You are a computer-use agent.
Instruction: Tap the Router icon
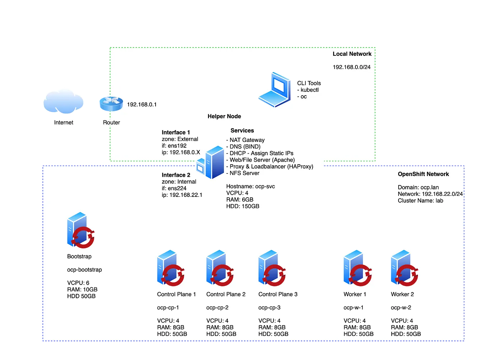[111, 103]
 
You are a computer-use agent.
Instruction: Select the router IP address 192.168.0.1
[142, 105]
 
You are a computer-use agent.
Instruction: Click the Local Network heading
[352, 54]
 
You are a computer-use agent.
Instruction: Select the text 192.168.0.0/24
[351, 67]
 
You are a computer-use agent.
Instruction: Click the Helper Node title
[224, 116]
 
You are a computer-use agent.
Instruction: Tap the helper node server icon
[211, 162]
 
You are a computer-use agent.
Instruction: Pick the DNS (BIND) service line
[243, 147]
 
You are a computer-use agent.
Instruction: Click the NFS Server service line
[243, 173]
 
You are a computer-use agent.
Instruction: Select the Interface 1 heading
[176, 133]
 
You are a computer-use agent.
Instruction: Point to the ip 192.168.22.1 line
[182, 195]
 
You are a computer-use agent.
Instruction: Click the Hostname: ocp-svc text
[250, 186]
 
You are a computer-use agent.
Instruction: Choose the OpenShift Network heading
[423, 174]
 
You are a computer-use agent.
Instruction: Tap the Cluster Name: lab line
[420, 200]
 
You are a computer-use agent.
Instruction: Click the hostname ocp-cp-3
[269, 308]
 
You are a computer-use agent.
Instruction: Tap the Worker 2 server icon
[404, 268]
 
